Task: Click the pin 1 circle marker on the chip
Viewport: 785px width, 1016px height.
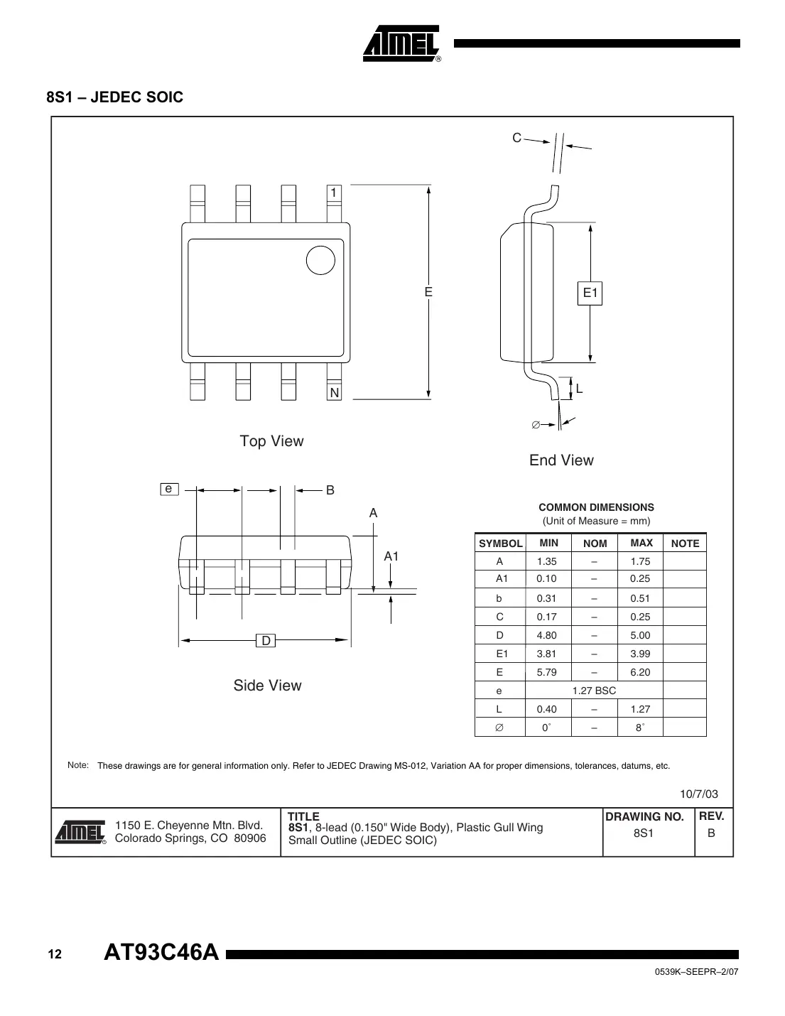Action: [x=320, y=260]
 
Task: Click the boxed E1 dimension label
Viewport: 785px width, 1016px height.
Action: [x=590, y=293]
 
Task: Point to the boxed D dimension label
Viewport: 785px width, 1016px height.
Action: [x=266, y=641]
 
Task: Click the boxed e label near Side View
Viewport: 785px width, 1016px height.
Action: [x=169, y=489]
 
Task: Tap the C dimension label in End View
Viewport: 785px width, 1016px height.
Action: [x=516, y=138]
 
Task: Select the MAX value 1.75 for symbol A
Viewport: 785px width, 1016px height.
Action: [x=640, y=561]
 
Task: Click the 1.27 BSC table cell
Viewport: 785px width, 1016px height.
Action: [x=594, y=691]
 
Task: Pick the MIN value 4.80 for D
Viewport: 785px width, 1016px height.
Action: [x=546, y=635]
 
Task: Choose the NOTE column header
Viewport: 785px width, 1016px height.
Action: [x=685, y=544]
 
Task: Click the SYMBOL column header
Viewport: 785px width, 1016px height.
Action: [x=500, y=544]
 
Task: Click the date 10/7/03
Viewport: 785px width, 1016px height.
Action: [x=699, y=794]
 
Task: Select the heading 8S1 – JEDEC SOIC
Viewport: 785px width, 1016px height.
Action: [x=115, y=97]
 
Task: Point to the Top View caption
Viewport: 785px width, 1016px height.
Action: [x=271, y=441]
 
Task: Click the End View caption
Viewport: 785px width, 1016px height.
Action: [x=561, y=460]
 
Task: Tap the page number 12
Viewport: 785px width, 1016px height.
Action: [x=55, y=954]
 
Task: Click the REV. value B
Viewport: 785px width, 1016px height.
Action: [x=711, y=833]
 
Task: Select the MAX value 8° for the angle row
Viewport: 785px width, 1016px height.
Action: [x=640, y=728]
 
